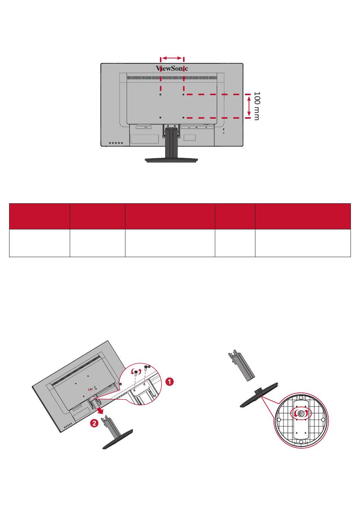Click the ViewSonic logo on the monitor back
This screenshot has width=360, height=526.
coord(172,68)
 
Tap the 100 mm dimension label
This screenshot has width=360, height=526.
coord(257,106)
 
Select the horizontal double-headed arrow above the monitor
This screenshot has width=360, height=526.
coord(172,58)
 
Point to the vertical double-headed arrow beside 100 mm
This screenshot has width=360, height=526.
coord(249,106)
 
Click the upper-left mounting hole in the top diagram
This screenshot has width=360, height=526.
coord(161,94)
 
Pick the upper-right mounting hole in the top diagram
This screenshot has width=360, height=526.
coord(183,94)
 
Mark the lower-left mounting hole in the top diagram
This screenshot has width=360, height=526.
coord(161,118)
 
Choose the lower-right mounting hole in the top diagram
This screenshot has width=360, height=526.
coord(183,118)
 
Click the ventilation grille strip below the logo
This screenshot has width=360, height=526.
coord(172,78)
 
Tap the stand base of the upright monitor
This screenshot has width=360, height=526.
coord(171,160)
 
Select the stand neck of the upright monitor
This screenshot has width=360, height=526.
coord(171,143)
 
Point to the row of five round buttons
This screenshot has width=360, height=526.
coord(116,143)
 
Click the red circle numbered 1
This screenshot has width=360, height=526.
coord(169,382)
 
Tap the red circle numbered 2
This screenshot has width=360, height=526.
coord(94,423)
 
